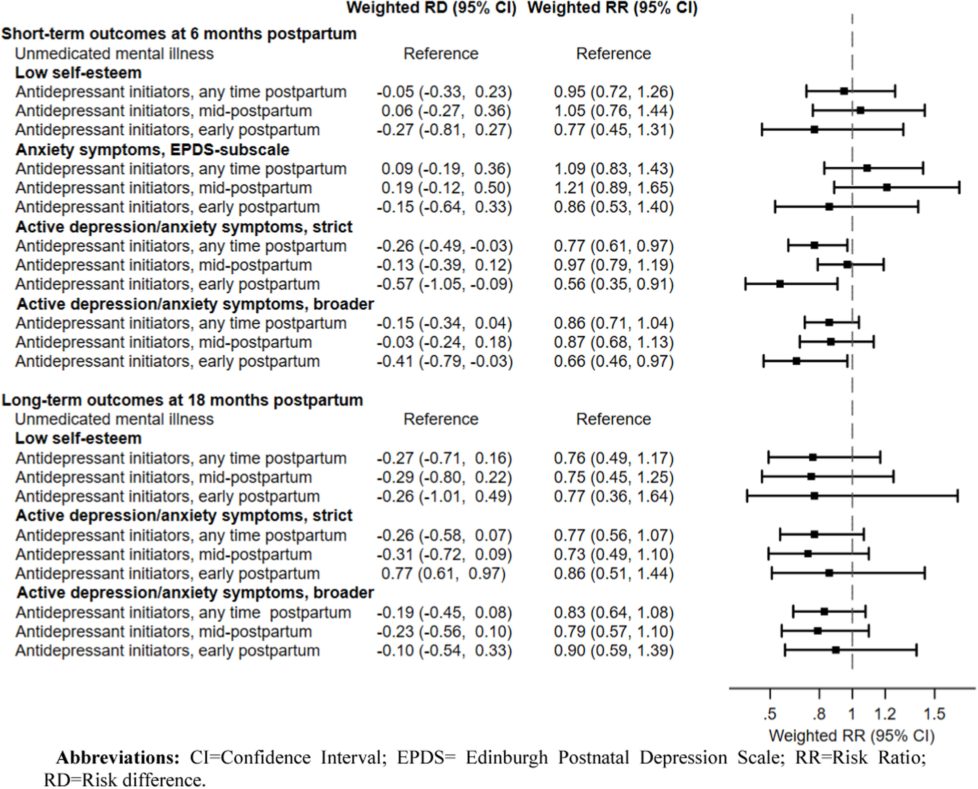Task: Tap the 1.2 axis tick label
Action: (x=885, y=714)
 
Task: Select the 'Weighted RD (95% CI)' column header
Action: (x=431, y=8)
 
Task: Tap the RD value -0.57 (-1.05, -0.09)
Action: (x=444, y=284)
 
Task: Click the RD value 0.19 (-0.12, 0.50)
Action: (x=446, y=188)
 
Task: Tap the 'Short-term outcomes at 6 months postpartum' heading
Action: (x=179, y=34)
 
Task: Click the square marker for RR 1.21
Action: (x=887, y=187)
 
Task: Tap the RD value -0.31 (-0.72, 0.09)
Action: (x=444, y=555)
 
